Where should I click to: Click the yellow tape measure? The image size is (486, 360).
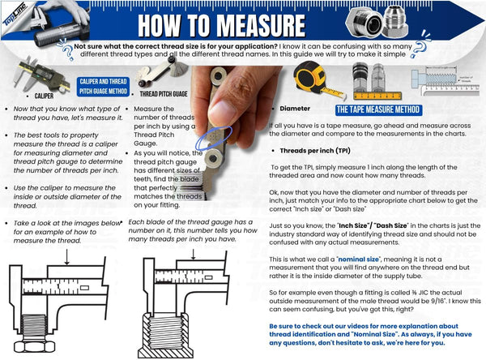click(x=310, y=80)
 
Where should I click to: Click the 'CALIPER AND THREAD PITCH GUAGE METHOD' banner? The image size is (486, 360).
click(x=101, y=87)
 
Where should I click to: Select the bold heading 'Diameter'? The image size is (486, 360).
click(x=295, y=108)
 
